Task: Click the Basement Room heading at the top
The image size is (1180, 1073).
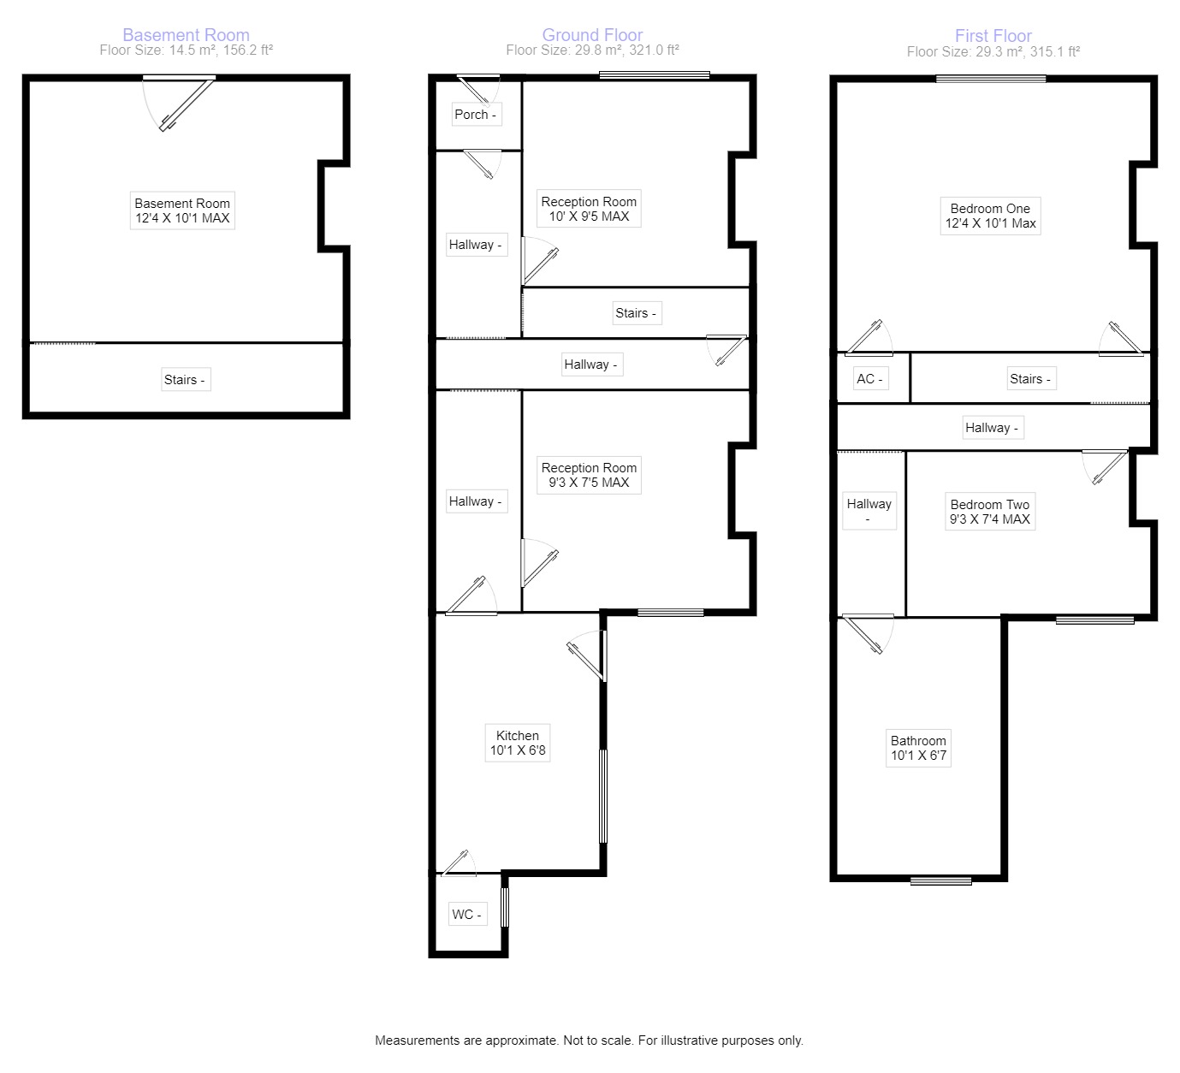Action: click(x=186, y=35)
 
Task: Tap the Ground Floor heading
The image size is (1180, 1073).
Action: click(x=592, y=35)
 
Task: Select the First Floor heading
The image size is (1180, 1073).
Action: click(x=993, y=36)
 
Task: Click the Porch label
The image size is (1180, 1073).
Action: click(x=475, y=115)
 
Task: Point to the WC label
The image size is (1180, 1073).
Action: click(x=466, y=915)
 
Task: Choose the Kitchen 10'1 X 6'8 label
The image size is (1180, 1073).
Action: click(x=518, y=743)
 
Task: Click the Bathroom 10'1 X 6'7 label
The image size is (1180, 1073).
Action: click(x=918, y=748)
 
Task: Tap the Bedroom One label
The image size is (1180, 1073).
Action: click(x=990, y=216)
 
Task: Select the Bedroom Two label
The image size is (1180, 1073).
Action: click(x=990, y=512)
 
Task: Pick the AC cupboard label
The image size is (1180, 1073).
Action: click(x=869, y=379)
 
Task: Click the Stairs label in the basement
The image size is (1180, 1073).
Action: click(x=185, y=380)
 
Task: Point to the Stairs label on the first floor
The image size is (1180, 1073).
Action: click(x=1029, y=379)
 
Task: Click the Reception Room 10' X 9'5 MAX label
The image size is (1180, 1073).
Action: click(x=589, y=209)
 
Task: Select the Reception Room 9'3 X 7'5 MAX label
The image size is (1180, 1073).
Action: click(x=589, y=475)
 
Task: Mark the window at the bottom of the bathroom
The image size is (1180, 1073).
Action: click(x=940, y=880)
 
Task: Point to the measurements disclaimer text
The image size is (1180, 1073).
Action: click(x=589, y=1040)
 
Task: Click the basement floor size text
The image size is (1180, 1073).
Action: click(x=186, y=50)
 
